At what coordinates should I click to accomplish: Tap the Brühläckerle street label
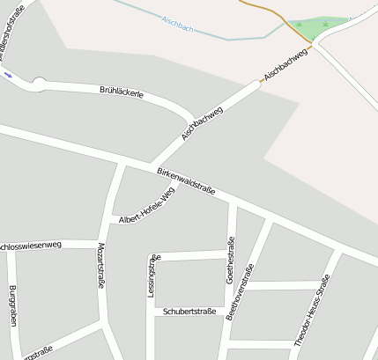pyautogui.click(x=122, y=91)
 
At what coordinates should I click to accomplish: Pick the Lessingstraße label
pyautogui.click(x=152, y=275)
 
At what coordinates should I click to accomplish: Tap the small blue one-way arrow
pyautogui.click(x=8, y=75)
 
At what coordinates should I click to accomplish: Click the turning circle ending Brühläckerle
pyautogui.click(x=38, y=84)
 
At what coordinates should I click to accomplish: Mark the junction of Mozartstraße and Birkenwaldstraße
pyautogui.click(x=124, y=165)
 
